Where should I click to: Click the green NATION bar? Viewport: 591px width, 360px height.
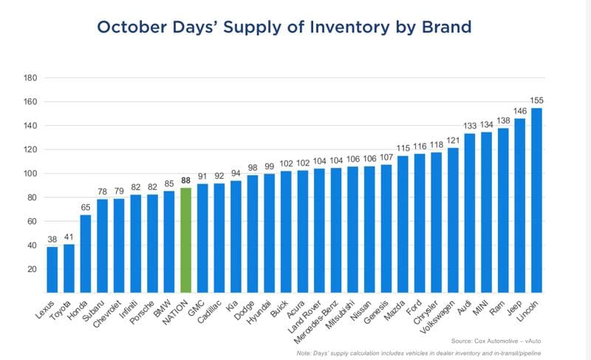[185, 240]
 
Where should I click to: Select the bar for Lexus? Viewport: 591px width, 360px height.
[52, 270]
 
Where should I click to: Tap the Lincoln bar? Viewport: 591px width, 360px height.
[536, 200]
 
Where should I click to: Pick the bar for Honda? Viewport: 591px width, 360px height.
[86, 254]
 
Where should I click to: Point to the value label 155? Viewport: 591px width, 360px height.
[536, 101]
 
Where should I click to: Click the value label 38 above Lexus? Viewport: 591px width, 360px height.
[52, 240]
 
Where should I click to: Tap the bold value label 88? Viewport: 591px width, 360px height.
[185, 180]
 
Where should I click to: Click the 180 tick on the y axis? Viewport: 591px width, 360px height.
[31, 78]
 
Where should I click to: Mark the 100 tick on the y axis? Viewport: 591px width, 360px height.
[31, 174]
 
